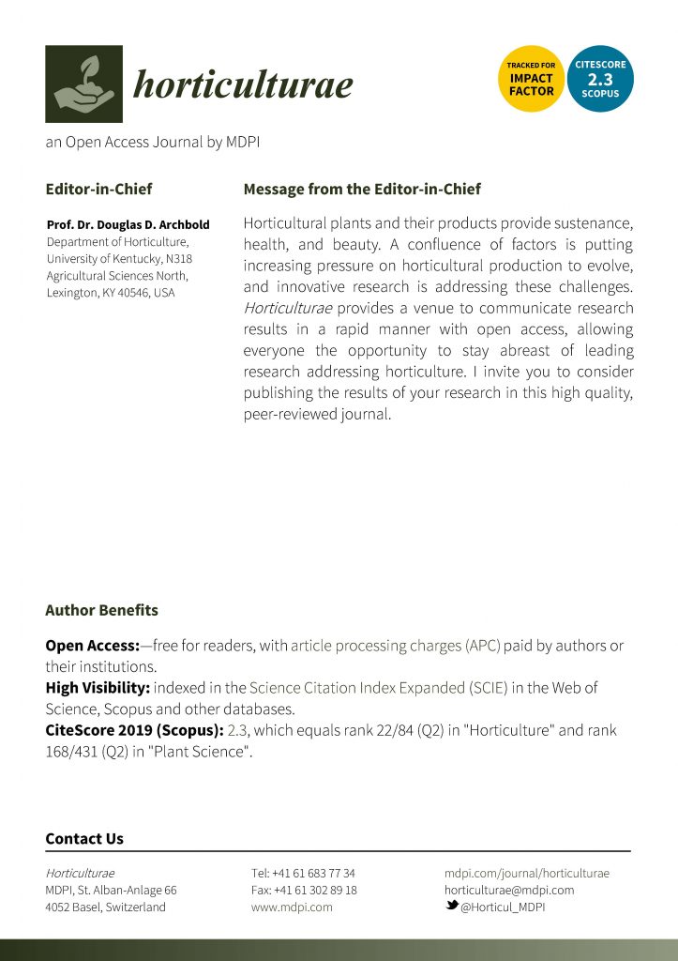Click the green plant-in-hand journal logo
pos(83,84)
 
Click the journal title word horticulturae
pos(243,85)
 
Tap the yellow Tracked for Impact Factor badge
pos(531,79)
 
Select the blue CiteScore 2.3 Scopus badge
pos(600,79)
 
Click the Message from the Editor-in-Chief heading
pos(362,189)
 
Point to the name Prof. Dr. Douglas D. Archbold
pos(128,225)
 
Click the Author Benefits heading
pos(101,610)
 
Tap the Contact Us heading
pos(84,839)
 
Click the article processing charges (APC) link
pos(396,646)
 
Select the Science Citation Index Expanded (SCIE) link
pos(378,688)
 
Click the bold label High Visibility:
pos(98,688)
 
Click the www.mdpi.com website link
pos(292,908)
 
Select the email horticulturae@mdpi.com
pos(509,890)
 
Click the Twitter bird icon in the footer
pos(451,907)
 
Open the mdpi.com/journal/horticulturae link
pos(526,873)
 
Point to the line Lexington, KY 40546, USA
pos(111,293)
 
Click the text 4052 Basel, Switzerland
pos(105,908)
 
